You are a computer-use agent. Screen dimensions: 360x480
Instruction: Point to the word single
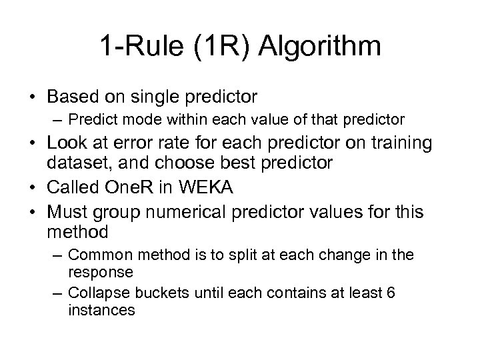click(x=148, y=97)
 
